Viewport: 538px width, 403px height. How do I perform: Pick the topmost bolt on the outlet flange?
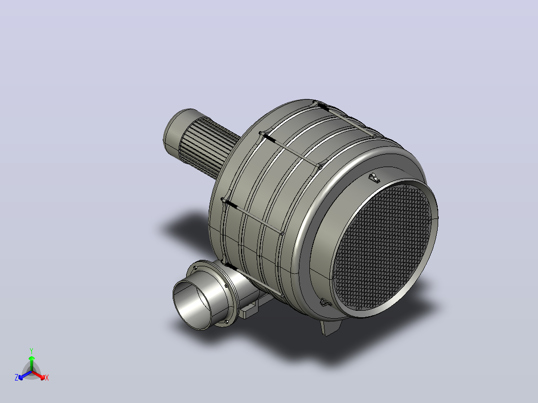(x=196, y=268)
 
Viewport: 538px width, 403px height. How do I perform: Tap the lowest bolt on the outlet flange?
(x=227, y=321)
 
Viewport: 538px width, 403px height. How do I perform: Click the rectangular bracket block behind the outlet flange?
(x=249, y=310)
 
